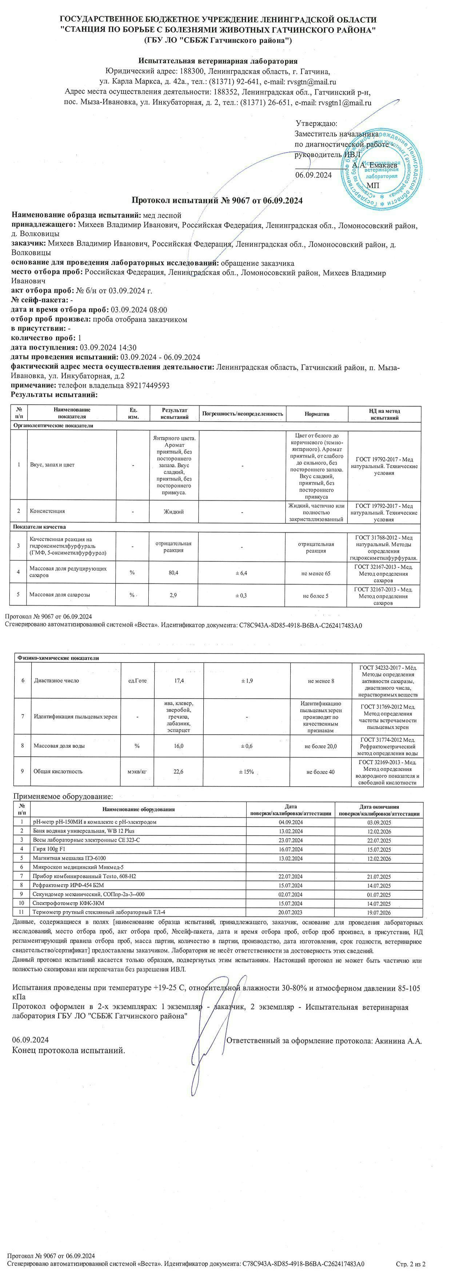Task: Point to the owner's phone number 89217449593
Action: pyautogui.click(x=139, y=385)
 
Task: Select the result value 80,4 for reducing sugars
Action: pyautogui.click(x=173, y=573)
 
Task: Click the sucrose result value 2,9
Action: pyautogui.click(x=173, y=595)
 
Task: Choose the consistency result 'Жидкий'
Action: pyautogui.click(x=174, y=511)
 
